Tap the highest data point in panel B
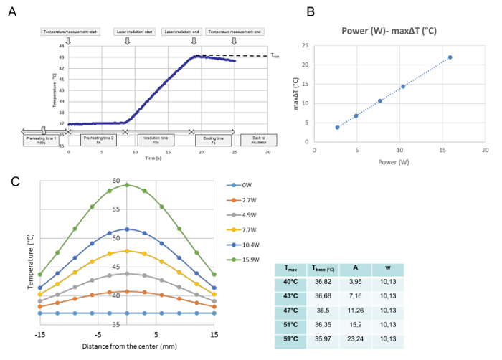tap(450, 57)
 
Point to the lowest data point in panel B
tap(337, 128)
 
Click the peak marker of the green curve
tap(127, 185)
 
